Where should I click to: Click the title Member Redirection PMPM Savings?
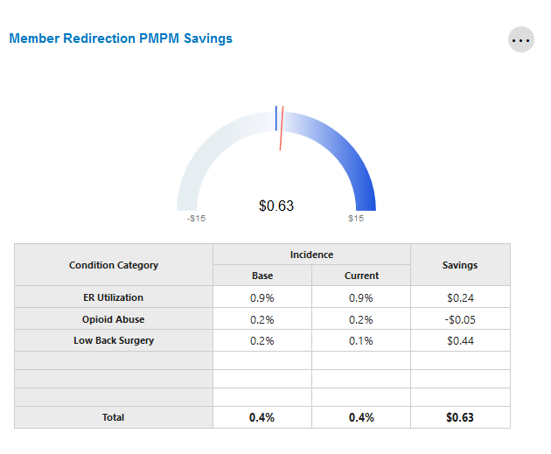point(121,38)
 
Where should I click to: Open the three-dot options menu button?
point(521,39)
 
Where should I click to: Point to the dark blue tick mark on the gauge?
point(276,117)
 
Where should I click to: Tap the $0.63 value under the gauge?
point(276,206)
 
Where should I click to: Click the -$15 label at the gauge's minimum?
point(197,219)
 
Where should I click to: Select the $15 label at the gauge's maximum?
point(356,219)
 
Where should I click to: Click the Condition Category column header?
point(114,265)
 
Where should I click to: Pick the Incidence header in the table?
point(312,255)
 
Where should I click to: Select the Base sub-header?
point(262,276)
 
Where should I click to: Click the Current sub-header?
point(361,276)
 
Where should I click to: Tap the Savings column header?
point(460,265)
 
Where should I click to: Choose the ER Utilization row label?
point(114,297)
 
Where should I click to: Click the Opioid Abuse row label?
point(114,319)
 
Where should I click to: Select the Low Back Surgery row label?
point(114,340)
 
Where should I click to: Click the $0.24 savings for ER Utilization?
point(460,297)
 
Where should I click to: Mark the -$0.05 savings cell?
point(460,319)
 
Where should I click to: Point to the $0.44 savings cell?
point(460,340)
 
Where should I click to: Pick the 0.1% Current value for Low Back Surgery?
point(361,340)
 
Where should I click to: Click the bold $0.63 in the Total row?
point(460,417)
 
